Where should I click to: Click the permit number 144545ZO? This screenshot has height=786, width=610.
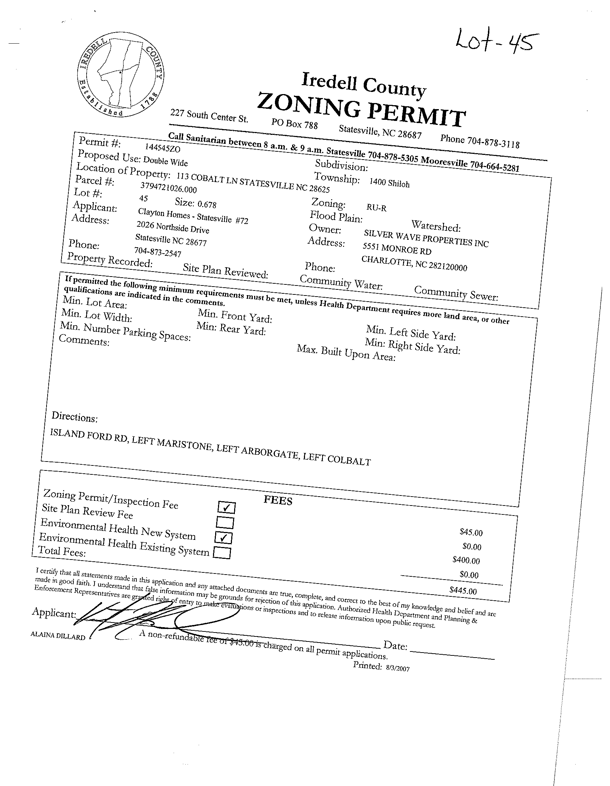point(163,148)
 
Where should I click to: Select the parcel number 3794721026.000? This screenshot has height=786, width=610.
point(168,187)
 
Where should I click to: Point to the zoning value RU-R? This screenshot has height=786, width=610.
point(376,207)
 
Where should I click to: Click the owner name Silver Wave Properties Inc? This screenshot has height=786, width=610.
point(426,238)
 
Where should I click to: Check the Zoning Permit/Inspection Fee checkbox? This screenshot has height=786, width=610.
point(226,508)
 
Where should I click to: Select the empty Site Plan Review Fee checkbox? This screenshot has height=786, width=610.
point(225,523)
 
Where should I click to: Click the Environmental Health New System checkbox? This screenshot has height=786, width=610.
point(223,538)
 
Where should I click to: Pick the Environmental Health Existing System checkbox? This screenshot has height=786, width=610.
point(222,552)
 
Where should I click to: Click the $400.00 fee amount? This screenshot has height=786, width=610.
point(466,560)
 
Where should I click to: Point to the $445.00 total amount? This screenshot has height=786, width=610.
point(463,591)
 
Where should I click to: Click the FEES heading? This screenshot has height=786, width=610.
point(278,500)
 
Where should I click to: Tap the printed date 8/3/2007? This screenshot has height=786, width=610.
point(397,668)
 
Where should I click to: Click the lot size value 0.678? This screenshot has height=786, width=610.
point(207,204)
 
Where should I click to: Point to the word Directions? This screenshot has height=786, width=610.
point(74,417)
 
